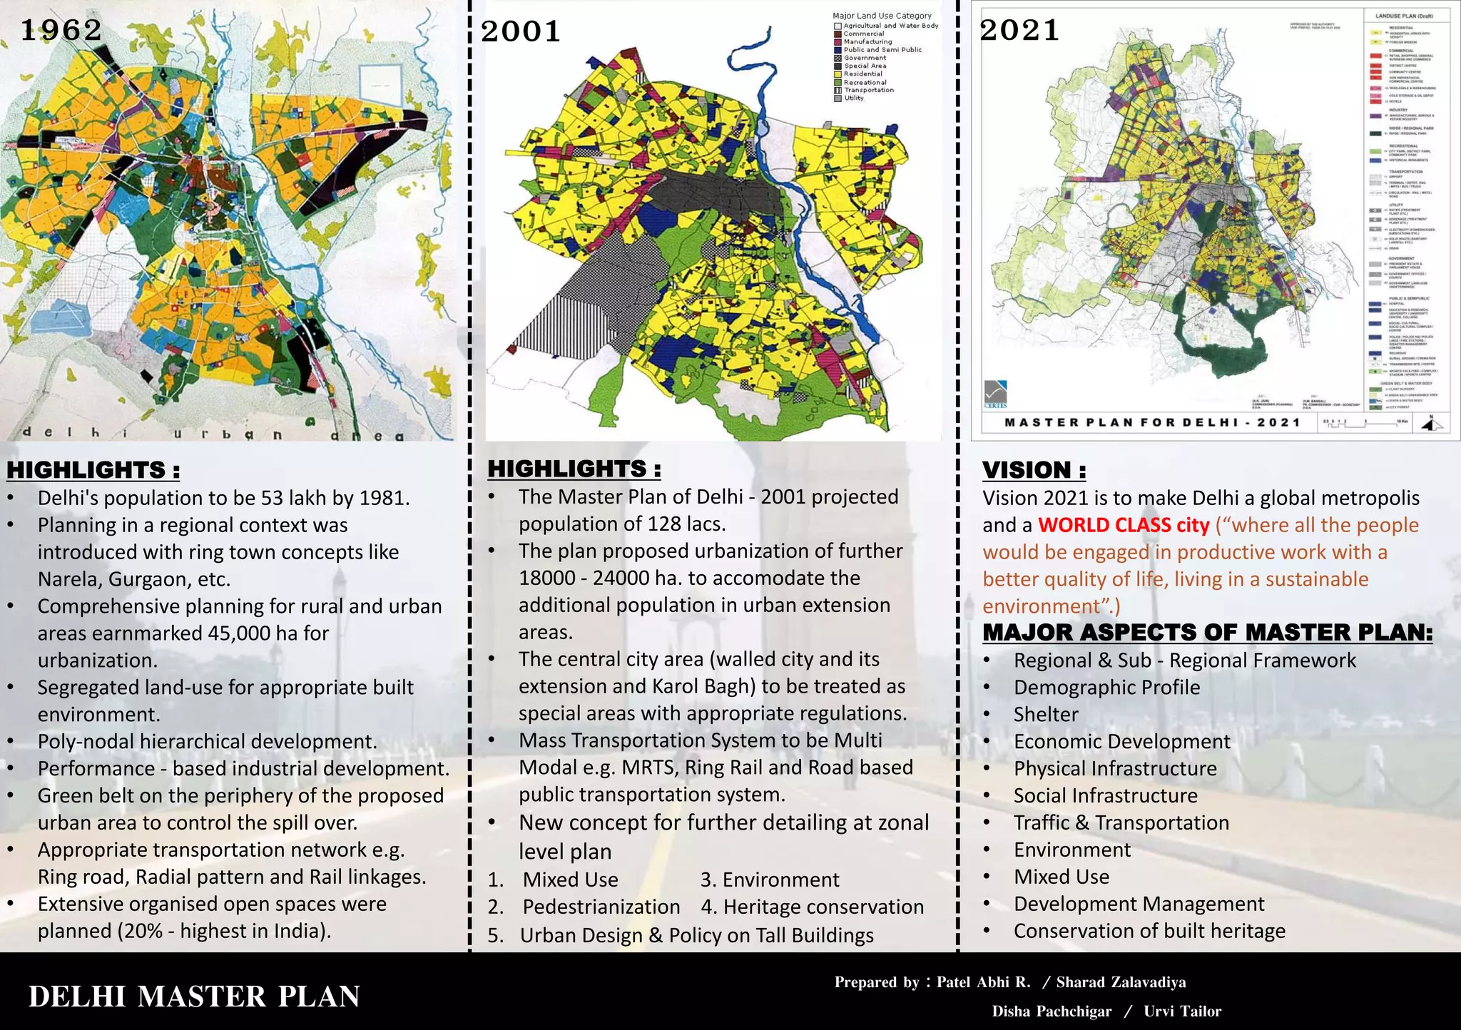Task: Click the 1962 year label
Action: (61, 30)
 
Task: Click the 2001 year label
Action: (521, 31)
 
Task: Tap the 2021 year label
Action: (1019, 30)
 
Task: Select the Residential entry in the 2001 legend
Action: (862, 74)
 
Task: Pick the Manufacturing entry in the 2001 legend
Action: (867, 42)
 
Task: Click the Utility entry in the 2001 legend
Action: (854, 98)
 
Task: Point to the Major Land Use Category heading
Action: (882, 16)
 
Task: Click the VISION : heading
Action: (1034, 470)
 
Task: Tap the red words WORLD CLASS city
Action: (1124, 525)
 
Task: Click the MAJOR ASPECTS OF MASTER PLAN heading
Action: (1207, 633)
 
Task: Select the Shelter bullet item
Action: (1046, 714)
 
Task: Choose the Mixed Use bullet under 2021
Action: (1062, 877)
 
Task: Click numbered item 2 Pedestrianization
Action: (601, 907)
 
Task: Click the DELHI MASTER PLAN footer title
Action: (194, 996)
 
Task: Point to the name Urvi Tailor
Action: (1182, 1011)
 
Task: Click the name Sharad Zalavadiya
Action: (1121, 982)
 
